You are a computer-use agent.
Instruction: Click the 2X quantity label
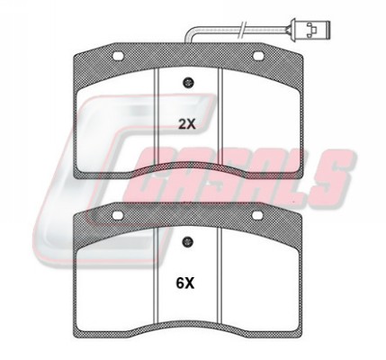click(186, 124)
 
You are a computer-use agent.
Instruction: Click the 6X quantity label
click(185, 283)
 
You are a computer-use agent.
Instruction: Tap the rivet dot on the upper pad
click(188, 83)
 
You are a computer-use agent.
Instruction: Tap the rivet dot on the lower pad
click(188, 241)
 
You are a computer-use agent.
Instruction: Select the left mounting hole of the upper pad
click(118, 56)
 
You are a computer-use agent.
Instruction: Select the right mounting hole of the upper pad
click(258, 56)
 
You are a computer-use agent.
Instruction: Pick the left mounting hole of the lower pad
click(117, 215)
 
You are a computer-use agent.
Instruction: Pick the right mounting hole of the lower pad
click(257, 215)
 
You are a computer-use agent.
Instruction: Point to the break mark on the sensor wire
click(242, 30)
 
